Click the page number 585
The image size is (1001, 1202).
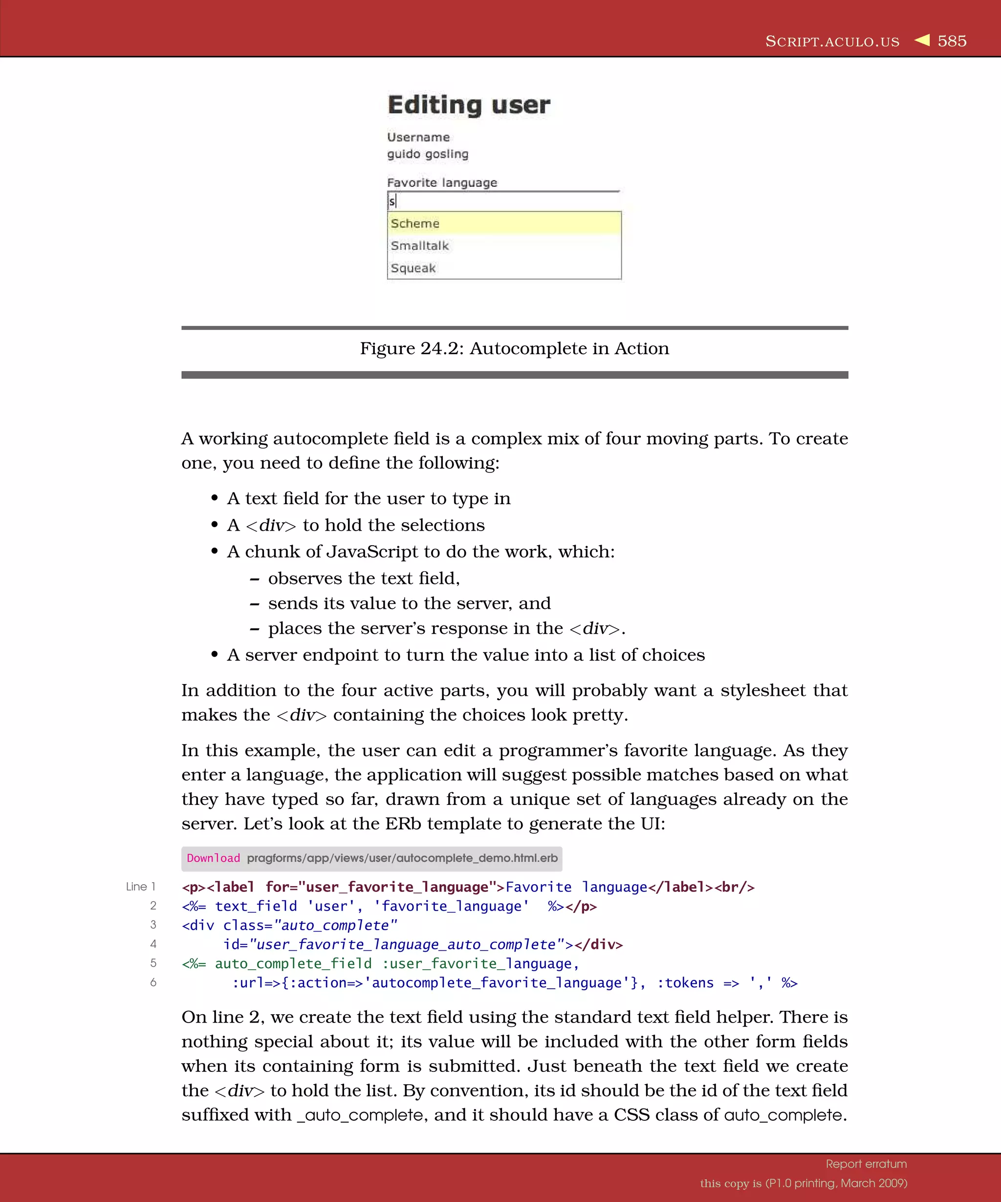tap(952, 41)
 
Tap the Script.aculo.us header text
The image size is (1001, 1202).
tap(832, 42)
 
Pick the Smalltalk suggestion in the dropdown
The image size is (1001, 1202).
tap(420, 245)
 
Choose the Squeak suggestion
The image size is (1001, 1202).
tap(413, 268)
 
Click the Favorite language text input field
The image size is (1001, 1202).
tap(503, 201)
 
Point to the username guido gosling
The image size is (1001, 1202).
tap(427, 154)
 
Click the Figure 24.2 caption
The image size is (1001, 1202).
tap(514, 348)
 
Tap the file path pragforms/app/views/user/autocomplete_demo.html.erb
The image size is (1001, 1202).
tap(402, 858)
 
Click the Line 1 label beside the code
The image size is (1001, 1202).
tap(141, 887)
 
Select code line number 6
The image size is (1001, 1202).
tap(153, 982)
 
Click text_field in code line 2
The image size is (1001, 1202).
tap(256, 906)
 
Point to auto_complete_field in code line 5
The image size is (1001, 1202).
tap(293, 963)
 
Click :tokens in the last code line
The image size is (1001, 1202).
tap(685, 983)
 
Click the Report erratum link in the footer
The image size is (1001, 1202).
tap(866, 1164)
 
